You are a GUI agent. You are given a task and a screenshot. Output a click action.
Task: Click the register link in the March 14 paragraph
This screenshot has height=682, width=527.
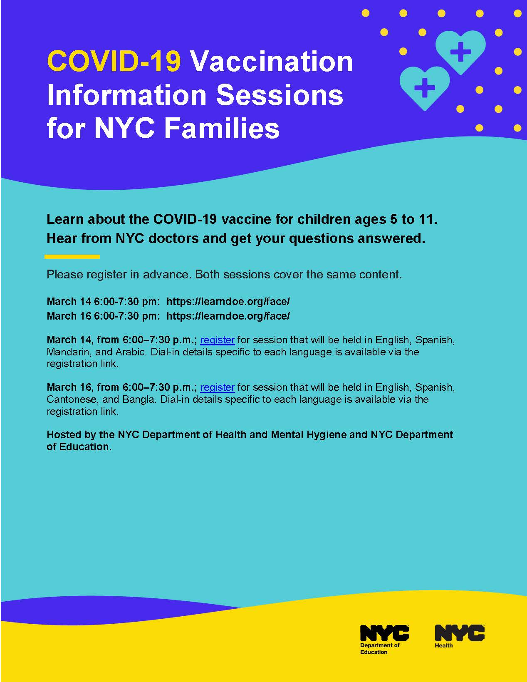tap(218, 340)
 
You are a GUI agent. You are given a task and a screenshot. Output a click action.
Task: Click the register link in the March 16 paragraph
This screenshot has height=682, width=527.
tap(218, 387)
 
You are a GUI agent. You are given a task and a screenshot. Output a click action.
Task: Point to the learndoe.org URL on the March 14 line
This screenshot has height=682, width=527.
tap(228, 302)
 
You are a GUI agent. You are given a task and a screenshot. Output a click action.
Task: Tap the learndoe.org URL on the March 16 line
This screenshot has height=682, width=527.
tap(228, 316)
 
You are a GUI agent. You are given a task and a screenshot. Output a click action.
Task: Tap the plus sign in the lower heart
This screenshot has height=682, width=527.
tap(425, 87)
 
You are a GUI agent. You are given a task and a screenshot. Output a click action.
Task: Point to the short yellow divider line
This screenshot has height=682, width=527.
tap(72, 257)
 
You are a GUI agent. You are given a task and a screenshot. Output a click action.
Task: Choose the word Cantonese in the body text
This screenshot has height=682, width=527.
tap(72, 399)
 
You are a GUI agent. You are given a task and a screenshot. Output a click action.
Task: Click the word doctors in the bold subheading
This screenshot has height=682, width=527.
tap(173, 238)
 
